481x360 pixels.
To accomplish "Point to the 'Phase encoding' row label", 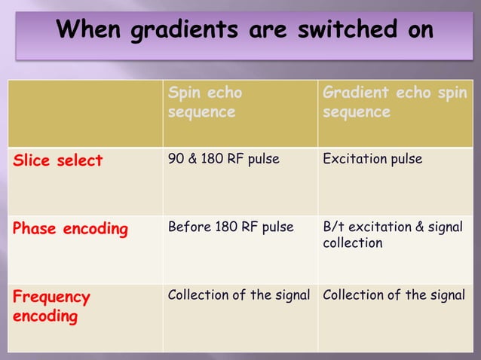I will tap(70, 228).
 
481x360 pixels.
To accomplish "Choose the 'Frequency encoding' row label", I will tap(51, 306).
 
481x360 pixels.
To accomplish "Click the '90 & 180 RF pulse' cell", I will tap(223, 159).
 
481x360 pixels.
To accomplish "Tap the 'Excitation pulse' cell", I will tap(372, 159).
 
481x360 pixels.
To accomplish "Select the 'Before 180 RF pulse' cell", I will tap(230, 227).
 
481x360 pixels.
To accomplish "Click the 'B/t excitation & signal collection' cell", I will tap(392, 235).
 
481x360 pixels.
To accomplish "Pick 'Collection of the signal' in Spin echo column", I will tap(238, 295).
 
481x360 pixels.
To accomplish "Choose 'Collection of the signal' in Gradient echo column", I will tap(394, 295).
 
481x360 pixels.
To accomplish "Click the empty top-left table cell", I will tap(85, 113).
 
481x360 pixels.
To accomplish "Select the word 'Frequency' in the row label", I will tap(51, 297).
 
